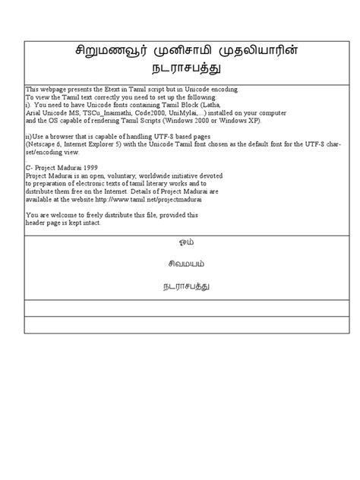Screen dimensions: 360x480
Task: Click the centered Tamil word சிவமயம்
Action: coord(180,264)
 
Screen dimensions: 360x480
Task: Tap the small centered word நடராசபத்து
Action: coord(180,286)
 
